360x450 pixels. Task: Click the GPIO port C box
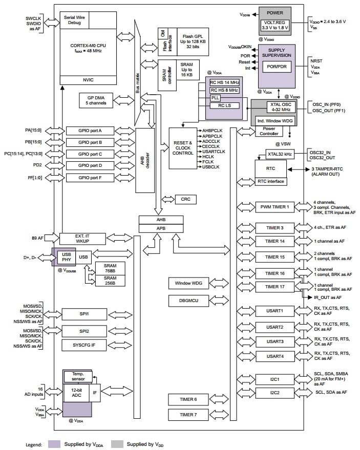(90, 154)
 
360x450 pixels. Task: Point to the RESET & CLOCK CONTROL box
(183, 148)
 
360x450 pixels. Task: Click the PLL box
(215, 98)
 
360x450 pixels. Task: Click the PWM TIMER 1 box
(274, 207)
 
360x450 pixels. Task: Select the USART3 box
(274, 341)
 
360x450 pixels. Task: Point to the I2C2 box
(274, 393)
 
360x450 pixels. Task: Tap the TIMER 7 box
(187, 414)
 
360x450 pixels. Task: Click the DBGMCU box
(187, 301)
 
